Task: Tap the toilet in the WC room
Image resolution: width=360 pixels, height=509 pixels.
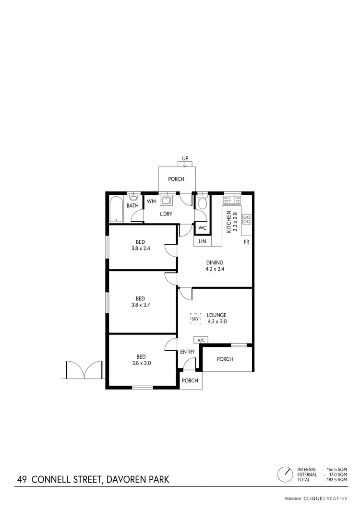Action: click(x=202, y=204)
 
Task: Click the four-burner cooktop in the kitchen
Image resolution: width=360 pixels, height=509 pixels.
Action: click(x=247, y=219)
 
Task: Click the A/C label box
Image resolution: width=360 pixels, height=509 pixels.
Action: click(x=201, y=340)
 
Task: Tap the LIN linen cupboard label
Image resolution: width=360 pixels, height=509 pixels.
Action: click(x=202, y=241)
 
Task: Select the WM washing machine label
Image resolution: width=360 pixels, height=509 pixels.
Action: click(x=151, y=201)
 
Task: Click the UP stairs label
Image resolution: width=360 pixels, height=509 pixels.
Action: click(x=185, y=158)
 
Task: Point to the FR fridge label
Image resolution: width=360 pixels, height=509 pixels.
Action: click(x=246, y=242)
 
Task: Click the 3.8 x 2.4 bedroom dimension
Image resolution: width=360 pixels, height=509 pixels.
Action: click(x=141, y=249)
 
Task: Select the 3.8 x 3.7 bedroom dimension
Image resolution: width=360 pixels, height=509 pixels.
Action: click(x=141, y=305)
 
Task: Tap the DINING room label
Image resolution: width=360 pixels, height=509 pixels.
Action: click(x=215, y=262)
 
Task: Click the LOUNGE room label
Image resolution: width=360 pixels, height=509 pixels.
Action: click(x=216, y=315)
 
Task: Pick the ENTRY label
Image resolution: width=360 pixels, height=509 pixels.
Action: click(x=188, y=352)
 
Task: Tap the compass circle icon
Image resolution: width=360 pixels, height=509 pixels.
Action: click(x=285, y=474)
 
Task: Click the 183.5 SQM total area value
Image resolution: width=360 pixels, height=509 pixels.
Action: click(x=336, y=480)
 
